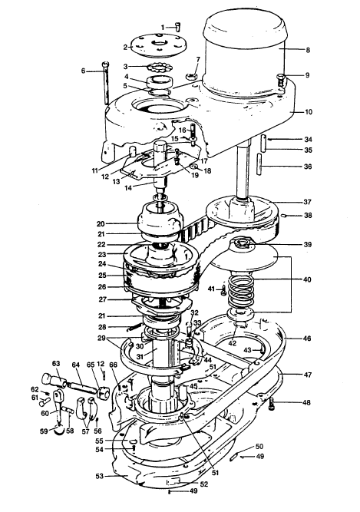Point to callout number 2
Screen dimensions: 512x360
(x=125, y=47)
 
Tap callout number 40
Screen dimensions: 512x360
(x=308, y=279)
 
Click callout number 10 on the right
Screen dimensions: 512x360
(x=308, y=112)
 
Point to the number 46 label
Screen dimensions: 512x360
(x=308, y=338)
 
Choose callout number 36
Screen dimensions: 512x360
(x=308, y=167)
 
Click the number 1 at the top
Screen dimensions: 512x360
(x=163, y=27)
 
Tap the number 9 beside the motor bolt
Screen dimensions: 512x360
(x=308, y=75)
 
